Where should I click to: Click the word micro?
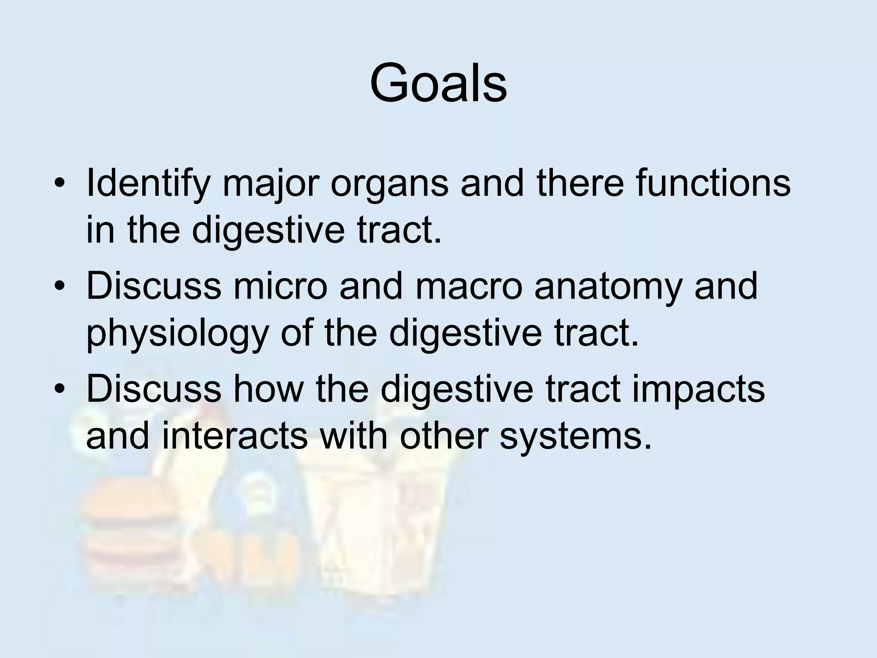click(280, 286)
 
